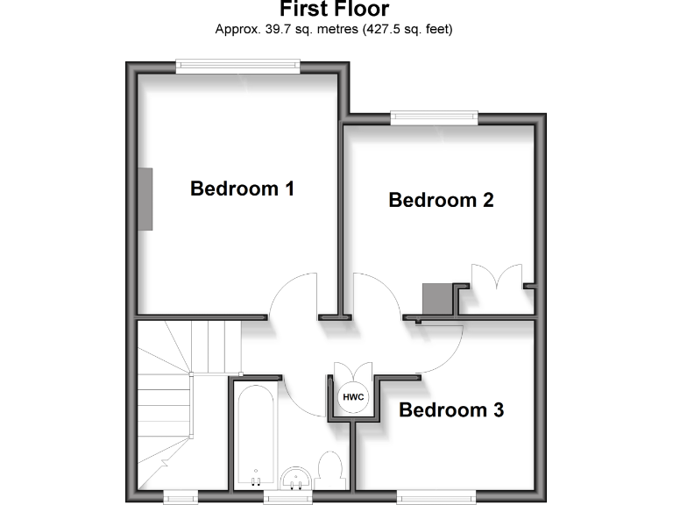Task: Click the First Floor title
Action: click(x=335, y=10)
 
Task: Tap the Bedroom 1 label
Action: click(x=242, y=188)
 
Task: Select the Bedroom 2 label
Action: click(x=441, y=200)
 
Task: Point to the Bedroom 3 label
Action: click(x=451, y=409)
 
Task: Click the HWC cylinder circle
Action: click(x=353, y=395)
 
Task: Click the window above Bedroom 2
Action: click(x=435, y=116)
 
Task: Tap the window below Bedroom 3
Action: click(x=438, y=495)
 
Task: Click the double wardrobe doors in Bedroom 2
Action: click(x=496, y=279)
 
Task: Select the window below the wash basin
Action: click(x=288, y=497)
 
